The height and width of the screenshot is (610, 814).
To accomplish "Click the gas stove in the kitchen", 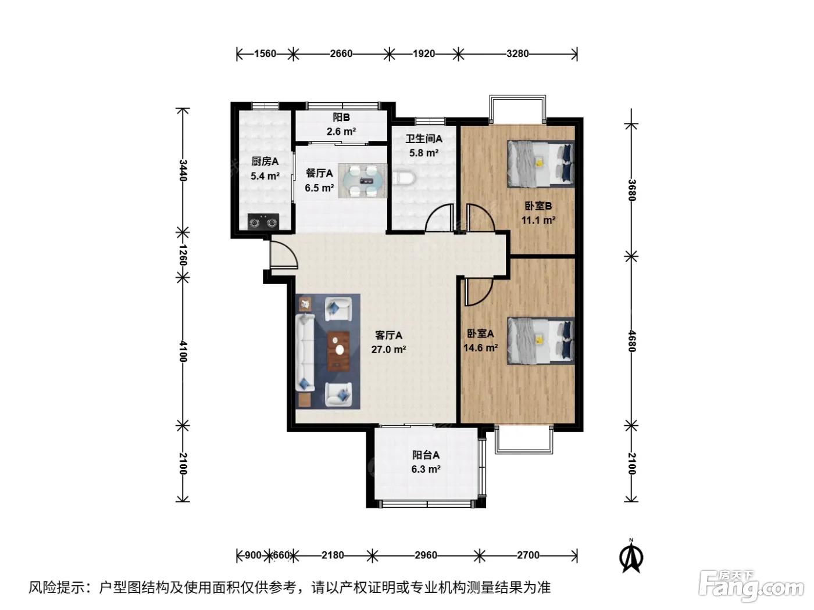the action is (x=263, y=222).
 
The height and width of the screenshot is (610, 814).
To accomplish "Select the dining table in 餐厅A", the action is (x=363, y=180).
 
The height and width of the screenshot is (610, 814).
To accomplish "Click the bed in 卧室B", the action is (x=541, y=164).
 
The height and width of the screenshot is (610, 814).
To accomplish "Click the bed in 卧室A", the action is (x=541, y=341).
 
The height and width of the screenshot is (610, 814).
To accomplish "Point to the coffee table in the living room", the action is (x=338, y=351).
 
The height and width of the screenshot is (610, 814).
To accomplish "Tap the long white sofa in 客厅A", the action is (x=305, y=352).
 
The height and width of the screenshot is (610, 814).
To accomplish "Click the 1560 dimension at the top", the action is (x=265, y=53).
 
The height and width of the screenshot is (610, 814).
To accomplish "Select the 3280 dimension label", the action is (x=517, y=53).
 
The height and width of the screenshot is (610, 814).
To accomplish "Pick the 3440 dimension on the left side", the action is (x=183, y=170).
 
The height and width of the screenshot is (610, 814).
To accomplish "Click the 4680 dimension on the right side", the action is (x=631, y=341).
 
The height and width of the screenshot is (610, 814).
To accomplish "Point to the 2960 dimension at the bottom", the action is (x=426, y=555).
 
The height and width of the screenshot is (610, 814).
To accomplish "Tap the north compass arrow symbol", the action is (x=631, y=556).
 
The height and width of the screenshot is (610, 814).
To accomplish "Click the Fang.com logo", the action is (x=751, y=586).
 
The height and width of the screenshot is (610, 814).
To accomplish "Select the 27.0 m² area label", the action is (x=388, y=349).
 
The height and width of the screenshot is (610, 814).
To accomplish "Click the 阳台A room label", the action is (x=426, y=455).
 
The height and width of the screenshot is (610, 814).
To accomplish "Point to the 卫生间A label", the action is (x=424, y=139).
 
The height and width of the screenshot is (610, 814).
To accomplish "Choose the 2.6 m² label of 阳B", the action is (x=341, y=131).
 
